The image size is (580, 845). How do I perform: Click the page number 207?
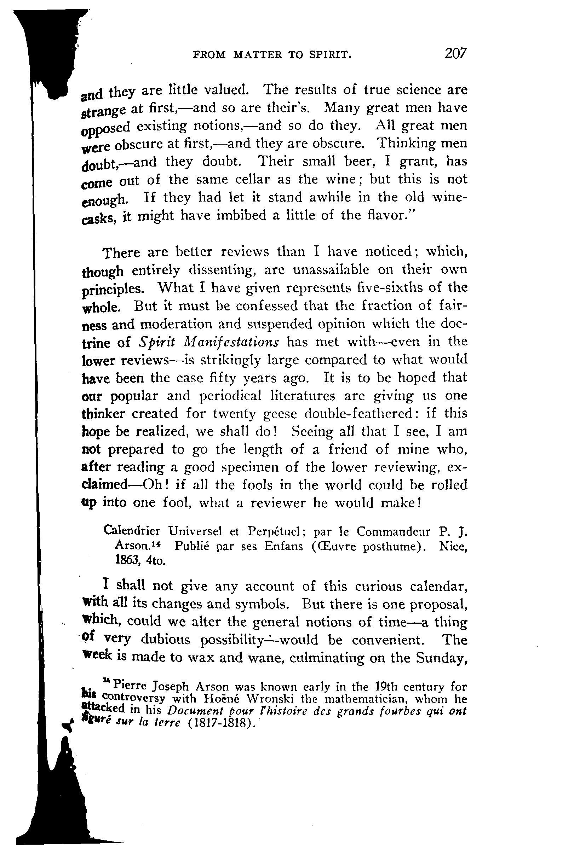455,53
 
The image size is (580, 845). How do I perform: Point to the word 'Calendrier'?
132,531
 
